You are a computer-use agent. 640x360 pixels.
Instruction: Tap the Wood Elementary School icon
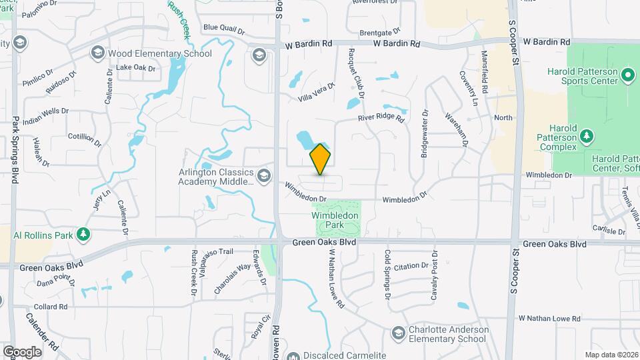(97, 53)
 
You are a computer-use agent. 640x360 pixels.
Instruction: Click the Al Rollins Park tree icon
(83, 234)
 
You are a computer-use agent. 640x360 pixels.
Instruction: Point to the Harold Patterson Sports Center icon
(627, 75)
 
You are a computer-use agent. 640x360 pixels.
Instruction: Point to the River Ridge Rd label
(381, 118)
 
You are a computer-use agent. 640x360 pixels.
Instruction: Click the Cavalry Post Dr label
(434, 274)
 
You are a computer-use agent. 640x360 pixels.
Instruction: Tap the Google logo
(22, 351)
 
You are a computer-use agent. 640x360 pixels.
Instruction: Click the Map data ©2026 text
(611, 355)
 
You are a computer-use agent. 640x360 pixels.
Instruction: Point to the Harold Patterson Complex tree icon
(587, 137)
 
